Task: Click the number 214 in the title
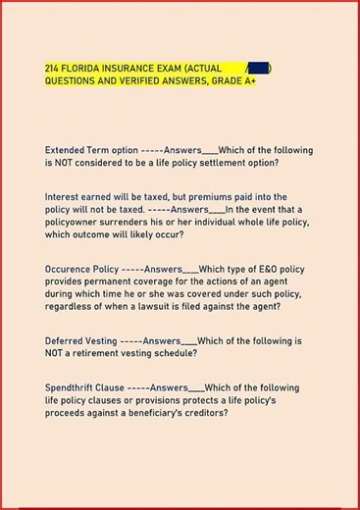coord(53,68)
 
